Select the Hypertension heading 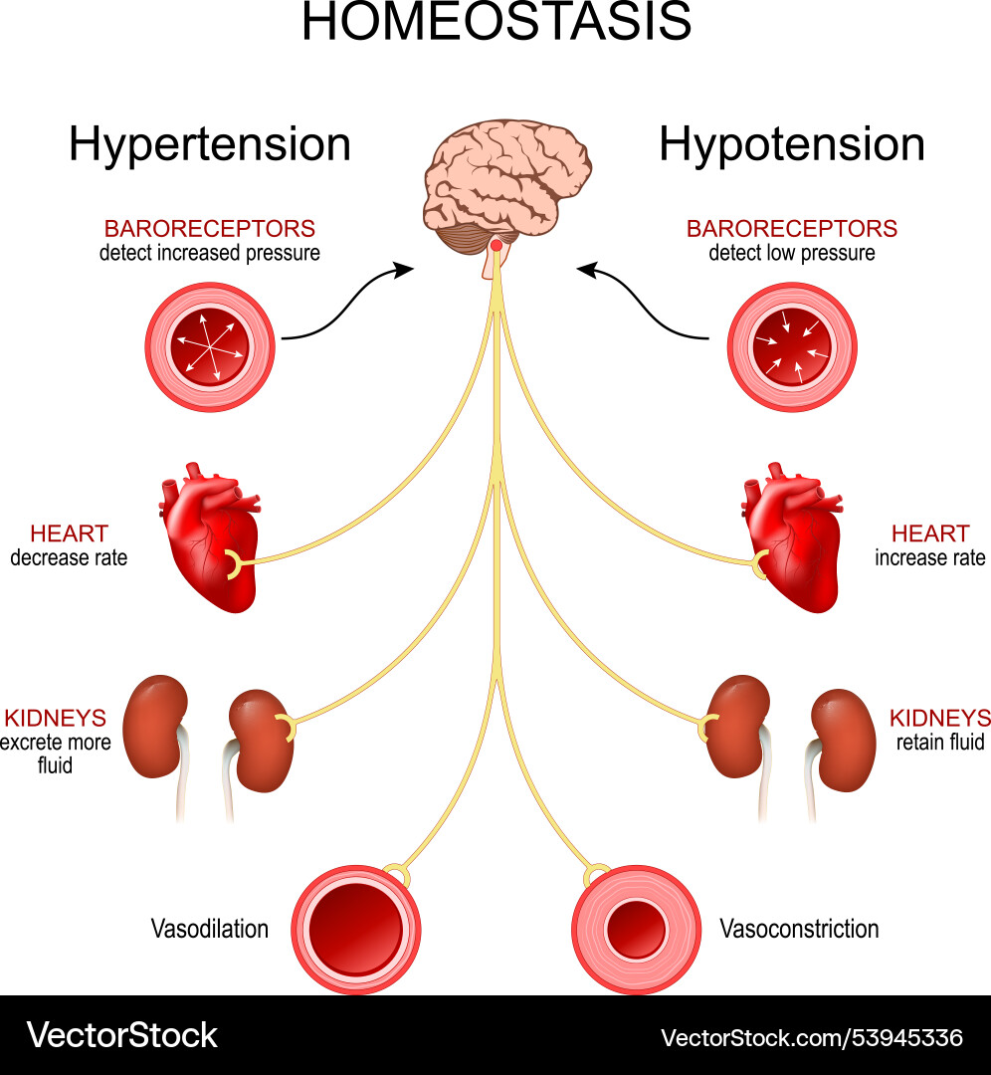click(x=210, y=144)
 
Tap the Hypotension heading click(x=791, y=144)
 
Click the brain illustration click(x=505, y=189)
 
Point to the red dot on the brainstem click(x=495, y=245)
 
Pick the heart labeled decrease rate click(x=211, y=542)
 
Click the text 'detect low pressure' click(x=792, y=253)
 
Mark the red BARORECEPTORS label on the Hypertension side click(x=210, y=228)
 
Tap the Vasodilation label click(x=210, y=929)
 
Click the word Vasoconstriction click(x=799, y=929)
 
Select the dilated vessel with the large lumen click(x=356, y=929)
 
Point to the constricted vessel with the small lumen click(x=637, y=929)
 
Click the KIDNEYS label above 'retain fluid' click(x=939, y=718)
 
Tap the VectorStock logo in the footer click(x=121, y=1035)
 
